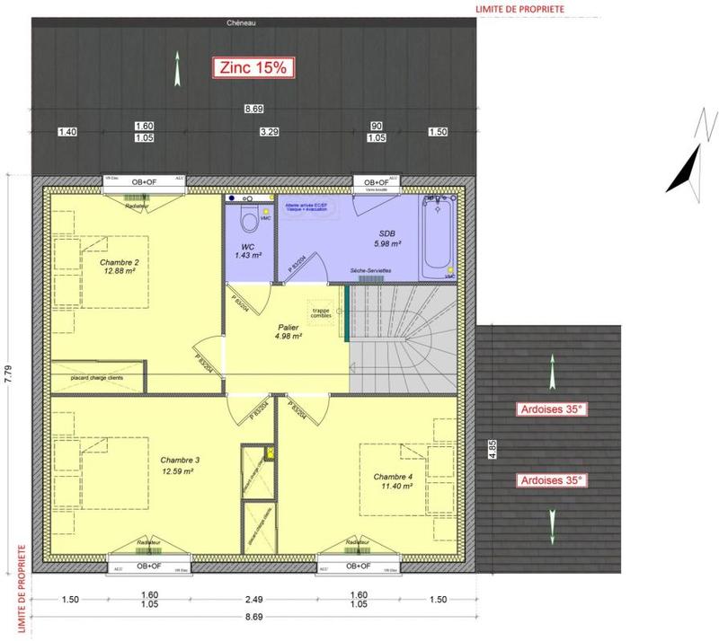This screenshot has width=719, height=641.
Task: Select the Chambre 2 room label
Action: click(x=119, y=266)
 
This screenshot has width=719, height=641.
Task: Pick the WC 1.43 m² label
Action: click(x=247, y=250)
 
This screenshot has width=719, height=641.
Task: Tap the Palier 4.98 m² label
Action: click(x=288, y=332)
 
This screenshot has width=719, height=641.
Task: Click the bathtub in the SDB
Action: click(x=439, y=236)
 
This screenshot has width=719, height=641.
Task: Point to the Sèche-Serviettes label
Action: click(x=369, y=270)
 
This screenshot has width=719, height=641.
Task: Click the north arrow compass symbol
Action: click(x=688, y=166)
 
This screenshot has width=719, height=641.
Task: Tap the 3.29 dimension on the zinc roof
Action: click(x=269, y=132)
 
